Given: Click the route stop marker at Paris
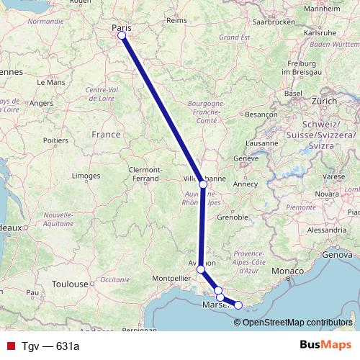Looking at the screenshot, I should tap(122, 35).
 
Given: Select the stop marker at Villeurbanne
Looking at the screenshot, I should tap(203, 184).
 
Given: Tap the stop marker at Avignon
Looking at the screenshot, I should tap(201, 269).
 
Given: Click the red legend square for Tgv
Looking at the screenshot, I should tap(10, 346).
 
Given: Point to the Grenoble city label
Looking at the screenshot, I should tap(233, 217).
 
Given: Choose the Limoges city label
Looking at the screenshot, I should tap(86, 176).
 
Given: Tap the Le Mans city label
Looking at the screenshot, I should tap(55, 83).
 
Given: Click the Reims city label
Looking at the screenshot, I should tap(177, 22).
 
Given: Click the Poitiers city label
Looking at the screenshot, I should tap(55, 140).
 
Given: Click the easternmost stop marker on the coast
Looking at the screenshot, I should tap(238, 305).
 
